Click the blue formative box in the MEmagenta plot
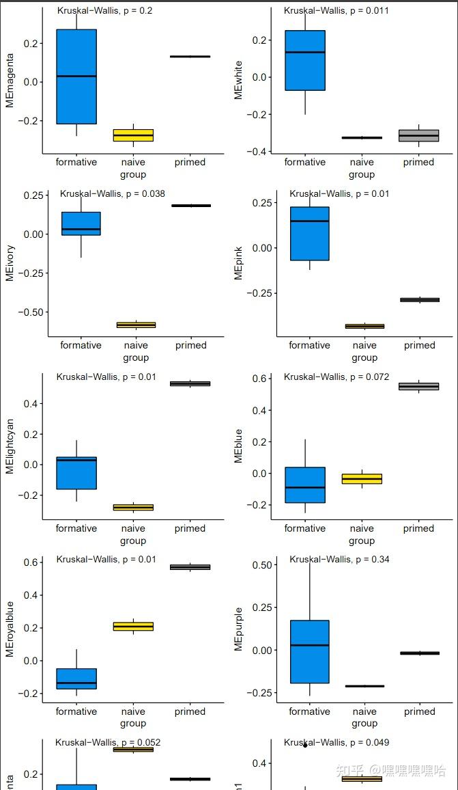(x=76, y=77)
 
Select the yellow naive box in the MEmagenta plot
(x=133, y=135)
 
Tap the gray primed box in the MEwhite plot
(x=418, y=135)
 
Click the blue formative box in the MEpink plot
(x=309, y=234)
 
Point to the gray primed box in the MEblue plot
(x=418, y=386)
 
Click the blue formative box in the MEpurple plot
(x=309, y=651)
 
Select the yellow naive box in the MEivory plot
(x=136, y=325)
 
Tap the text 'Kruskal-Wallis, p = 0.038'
(x=112, y=194)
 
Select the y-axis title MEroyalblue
(x=10, y=629)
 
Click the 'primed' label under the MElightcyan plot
(x=190, y=528)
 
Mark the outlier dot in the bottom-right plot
(x=305, y=745)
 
